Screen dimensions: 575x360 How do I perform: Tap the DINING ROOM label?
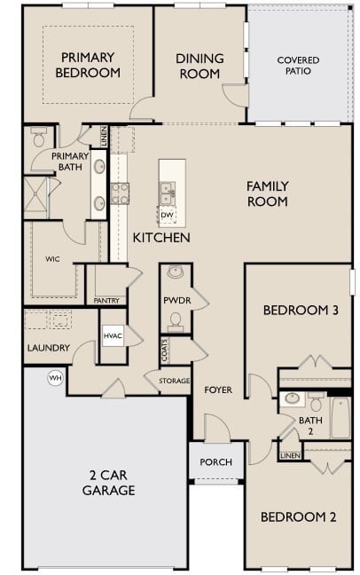point(199,66)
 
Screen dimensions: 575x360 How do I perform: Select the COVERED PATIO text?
point(298,66)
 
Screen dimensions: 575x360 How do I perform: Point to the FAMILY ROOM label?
point(267,193)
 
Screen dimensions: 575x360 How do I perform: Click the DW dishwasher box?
point(168,214)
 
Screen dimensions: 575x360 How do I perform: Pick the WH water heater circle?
point(55,378)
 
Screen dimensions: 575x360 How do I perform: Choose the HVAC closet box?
point(113,335)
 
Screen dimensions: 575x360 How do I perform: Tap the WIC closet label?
point(51,259)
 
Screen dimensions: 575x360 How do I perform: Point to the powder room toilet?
point(174,272)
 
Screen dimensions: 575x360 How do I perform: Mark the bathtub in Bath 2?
point(342,418)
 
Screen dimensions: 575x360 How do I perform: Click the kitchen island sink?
point(167,189)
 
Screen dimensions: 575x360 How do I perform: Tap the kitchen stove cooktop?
point(120,193)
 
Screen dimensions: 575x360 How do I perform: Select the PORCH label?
point(215,461)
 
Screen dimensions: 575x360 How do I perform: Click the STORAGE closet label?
point(174,381)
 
